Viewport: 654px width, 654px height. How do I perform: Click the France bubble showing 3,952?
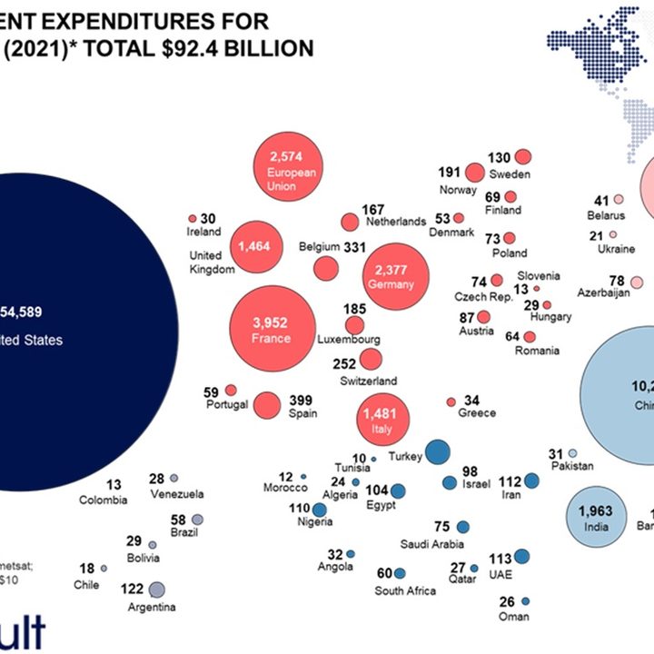click(x=272, y=330)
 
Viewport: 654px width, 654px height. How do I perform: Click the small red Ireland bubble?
click(x=193, y=219)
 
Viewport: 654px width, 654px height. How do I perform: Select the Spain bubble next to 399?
click(x=266, y=405)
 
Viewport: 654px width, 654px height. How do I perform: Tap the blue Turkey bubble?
click(x=438, y=451)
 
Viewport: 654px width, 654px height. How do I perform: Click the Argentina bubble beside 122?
click(x=156, y=590)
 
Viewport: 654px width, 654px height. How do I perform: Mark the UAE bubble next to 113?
click(x=521, y=558)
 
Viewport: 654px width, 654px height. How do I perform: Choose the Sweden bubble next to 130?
click(x=523, y=156)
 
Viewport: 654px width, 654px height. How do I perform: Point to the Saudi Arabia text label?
click(x=433, y=543)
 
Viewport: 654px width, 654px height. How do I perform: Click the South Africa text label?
click(x=405, y=590)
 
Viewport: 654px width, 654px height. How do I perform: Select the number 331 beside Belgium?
click(x=354, y=247)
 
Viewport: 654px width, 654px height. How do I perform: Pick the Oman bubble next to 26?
click(x=525, y=601)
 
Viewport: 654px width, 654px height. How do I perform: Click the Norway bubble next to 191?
click(x=474, y=173)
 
